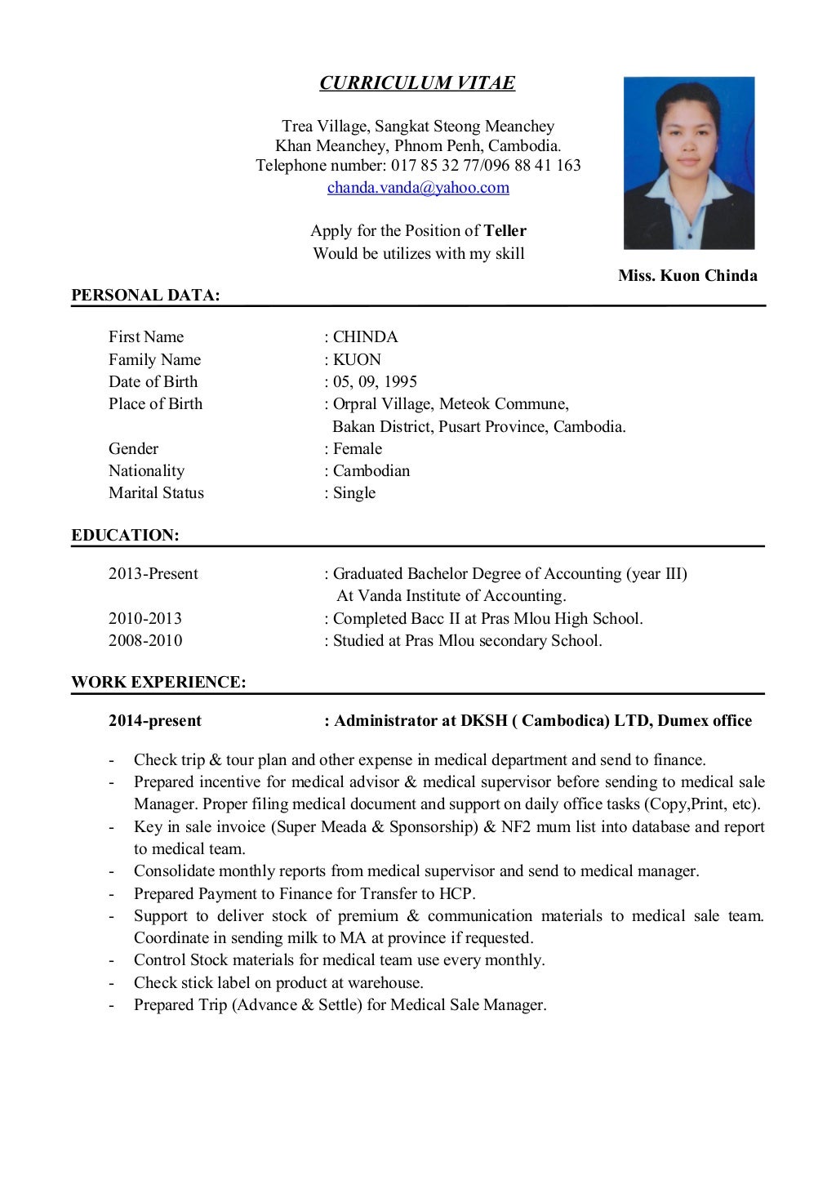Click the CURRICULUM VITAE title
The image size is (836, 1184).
[417, 83]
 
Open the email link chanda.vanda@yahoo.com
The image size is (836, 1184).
[418, 188]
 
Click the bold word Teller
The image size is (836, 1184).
[505, 231]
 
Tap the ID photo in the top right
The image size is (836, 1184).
[688, 162]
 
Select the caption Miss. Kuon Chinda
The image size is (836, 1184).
[687, 276]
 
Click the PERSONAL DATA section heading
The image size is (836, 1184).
[145, 296]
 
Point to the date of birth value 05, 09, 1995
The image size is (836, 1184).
[375, 382]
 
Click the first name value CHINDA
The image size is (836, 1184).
[365, 337]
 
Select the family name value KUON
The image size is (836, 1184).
[357, 360]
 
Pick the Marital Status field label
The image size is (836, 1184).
[156, 493]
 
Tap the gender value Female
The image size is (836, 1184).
[358, 449]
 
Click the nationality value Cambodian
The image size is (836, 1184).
[371, 471]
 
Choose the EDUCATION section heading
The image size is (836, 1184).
[125, 536]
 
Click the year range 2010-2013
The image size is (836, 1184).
[145, 619]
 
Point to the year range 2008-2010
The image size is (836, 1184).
[145, 641]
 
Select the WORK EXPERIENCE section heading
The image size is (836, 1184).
[158, 683]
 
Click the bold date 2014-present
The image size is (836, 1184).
[155, 721]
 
